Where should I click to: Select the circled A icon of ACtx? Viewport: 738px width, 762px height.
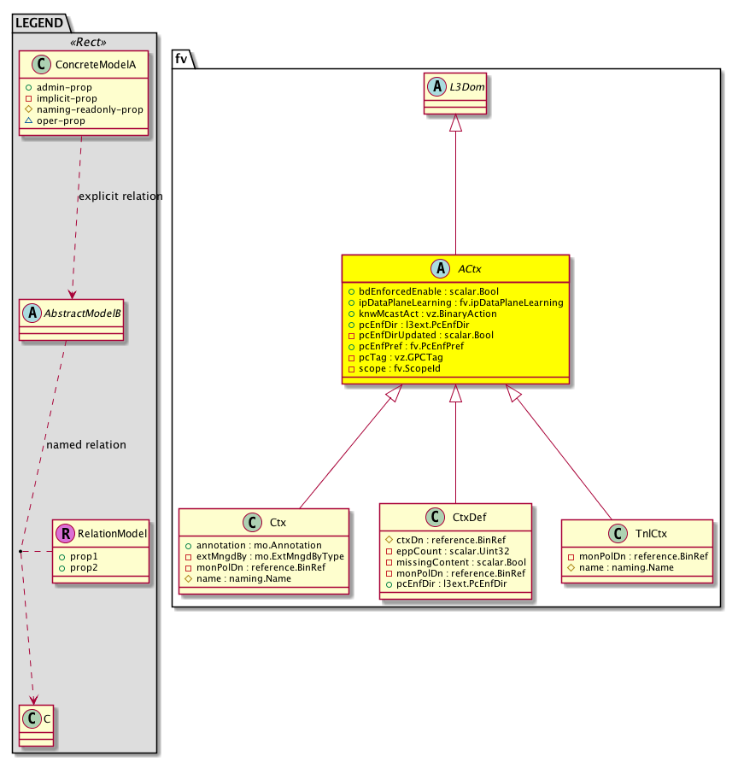pyautogui.click(x=441, y=268)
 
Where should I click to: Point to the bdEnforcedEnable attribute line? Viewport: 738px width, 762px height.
pyautogui.click(x=410, y=291)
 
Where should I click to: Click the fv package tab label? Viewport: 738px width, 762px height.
pyautogui.click(x=181, y=58)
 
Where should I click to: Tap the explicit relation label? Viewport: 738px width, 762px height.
pyautogui.click(x=120, y=196)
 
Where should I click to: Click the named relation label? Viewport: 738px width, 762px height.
pyautogui.click(x=85, y=444)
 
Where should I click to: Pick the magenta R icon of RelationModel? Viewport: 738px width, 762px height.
pyautogui.click(x=65, y=534)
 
